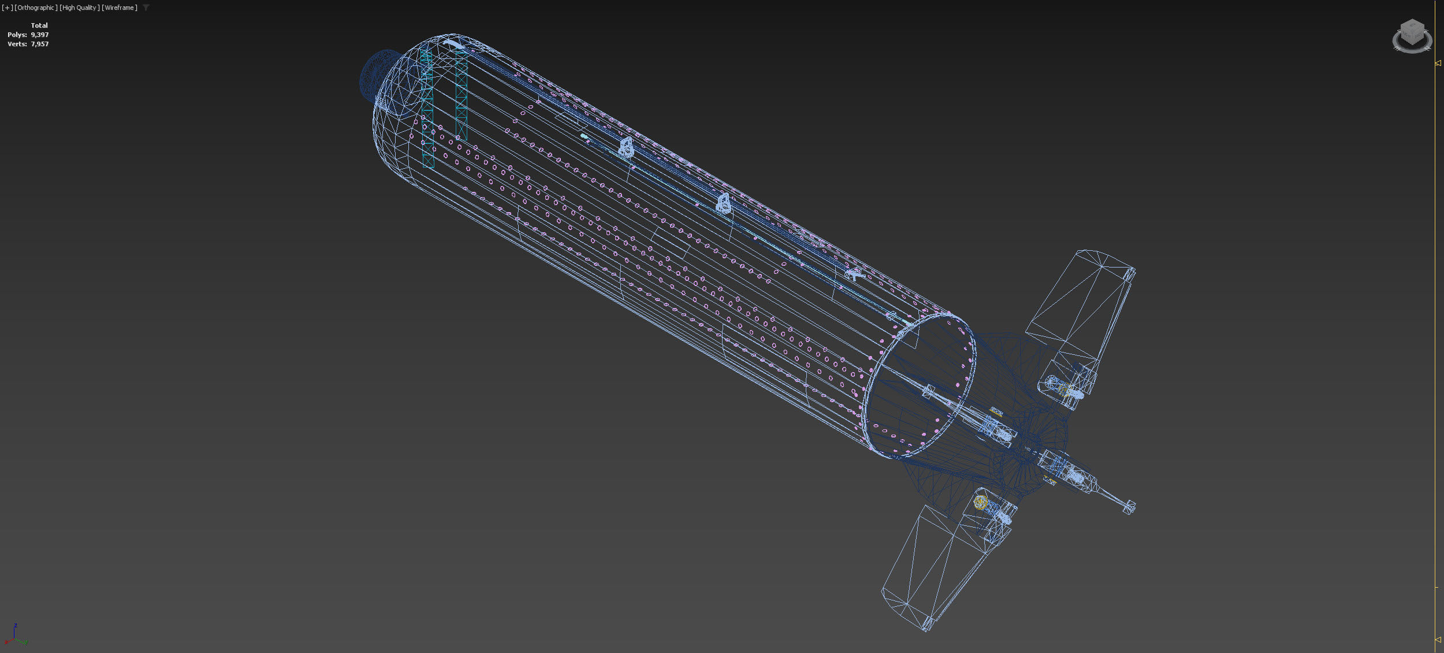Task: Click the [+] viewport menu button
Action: coord(7,8)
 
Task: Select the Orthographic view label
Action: coord(36,8)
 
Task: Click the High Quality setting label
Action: coord(79,8)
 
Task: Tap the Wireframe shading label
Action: coord(120,8)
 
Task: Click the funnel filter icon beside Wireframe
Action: coord(146,8)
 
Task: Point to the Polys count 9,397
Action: coord(40,35)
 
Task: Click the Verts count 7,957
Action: coord(40,44)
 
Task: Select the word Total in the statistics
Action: coord(39,25)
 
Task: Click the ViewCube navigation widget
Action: coord(1412,35)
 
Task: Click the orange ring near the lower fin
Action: coord(980,502)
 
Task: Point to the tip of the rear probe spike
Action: coord(1130,507)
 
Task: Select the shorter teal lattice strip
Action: coord(462,95)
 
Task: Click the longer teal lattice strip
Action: coord(427,110)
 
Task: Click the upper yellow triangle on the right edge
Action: coord(1438,63)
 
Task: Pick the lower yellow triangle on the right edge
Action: coord(1438,639)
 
